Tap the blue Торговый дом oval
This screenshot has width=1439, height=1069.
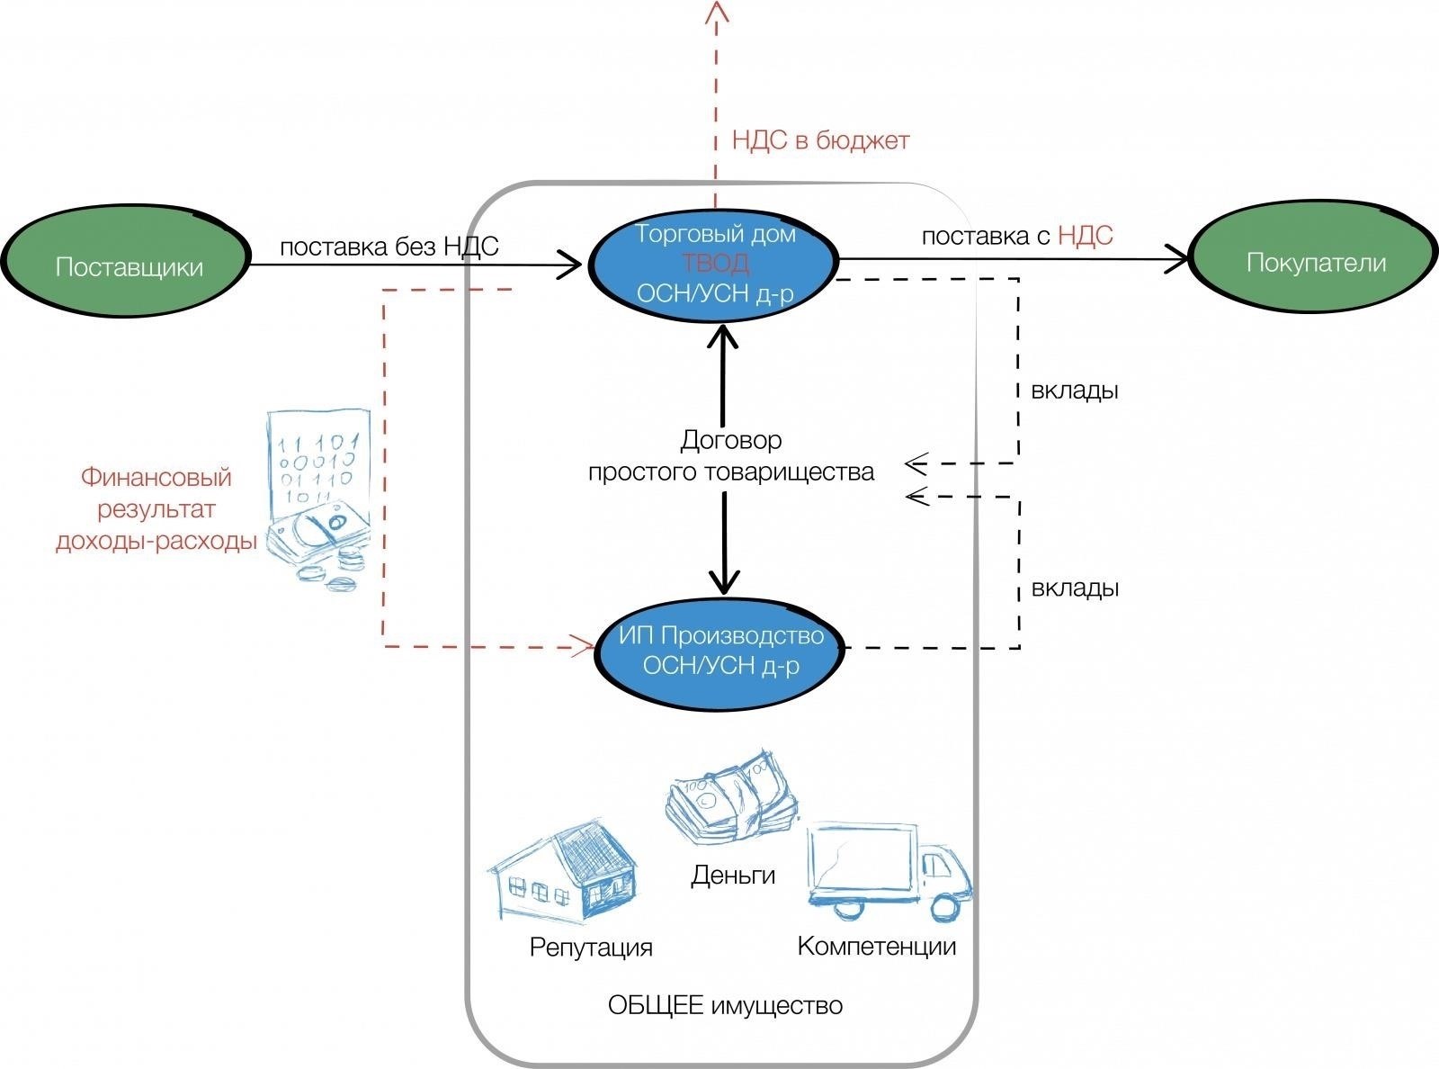coord(714,263)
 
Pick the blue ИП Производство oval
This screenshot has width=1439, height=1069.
coord(721,651)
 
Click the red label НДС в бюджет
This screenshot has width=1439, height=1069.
coord(820,141)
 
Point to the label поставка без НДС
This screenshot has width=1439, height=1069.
coord(389,247)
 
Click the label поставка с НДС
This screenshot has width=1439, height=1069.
coord(1016,236)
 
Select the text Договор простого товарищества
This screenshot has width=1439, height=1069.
coord(730,456)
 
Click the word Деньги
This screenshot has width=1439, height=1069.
coord(733,875)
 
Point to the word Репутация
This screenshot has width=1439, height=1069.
coord(591,948)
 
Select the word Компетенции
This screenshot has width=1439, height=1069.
coord(876,947)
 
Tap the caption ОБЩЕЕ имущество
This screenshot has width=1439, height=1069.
coord(725,1005)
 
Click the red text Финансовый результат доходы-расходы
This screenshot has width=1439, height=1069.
coord(156,509)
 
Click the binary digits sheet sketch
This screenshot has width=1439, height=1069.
coord(319,456)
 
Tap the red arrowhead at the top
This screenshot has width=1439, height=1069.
coord(717,11)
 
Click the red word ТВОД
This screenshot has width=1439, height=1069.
coord(715,264)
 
